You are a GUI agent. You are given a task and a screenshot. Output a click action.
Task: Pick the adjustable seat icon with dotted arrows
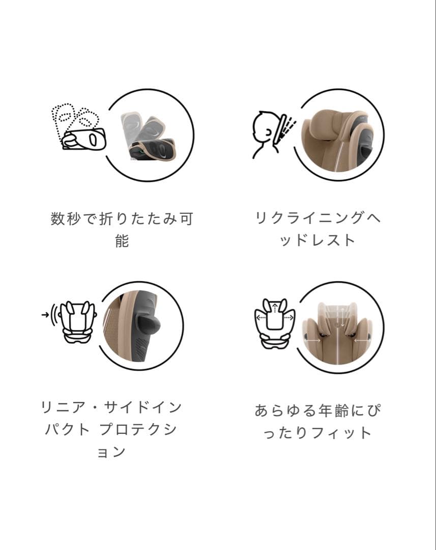(x=274, y=322)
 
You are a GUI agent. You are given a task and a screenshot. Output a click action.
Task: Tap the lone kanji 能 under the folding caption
(x=122, y=240)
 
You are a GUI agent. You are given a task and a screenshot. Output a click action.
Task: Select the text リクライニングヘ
(x=317, y=219)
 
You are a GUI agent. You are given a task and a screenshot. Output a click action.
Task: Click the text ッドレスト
(x=317, y=240)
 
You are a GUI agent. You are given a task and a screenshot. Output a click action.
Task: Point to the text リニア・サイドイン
(x=111, y=408)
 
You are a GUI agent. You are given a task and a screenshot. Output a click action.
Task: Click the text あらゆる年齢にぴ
(x=317, y=410)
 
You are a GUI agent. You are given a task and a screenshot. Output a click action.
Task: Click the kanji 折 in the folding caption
(x=106, y=219)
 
